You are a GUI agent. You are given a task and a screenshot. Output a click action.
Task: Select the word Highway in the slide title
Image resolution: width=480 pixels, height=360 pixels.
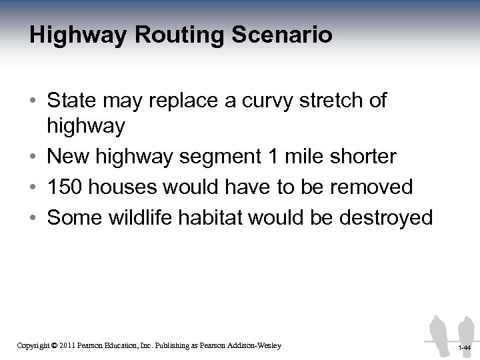(74, 35)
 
